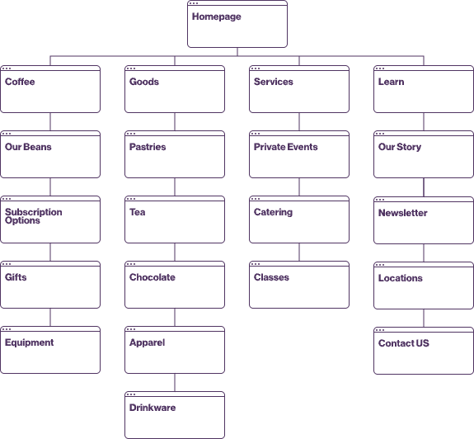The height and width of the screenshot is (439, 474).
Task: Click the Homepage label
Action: coord(217,17)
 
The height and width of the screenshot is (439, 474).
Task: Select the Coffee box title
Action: coord(20,82)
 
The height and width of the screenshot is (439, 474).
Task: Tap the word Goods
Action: coord(144,82)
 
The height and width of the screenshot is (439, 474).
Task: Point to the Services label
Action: coord(274,82)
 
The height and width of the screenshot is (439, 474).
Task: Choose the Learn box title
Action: coord(392,82)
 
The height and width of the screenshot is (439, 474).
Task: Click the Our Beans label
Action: coord(28,147)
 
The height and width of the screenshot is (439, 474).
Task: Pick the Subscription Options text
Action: coord(34,216)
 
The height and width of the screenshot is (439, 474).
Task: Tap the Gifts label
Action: coord(16,277)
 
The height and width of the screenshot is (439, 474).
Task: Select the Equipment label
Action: coord(30,342)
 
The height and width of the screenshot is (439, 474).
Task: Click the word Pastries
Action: coord(148,147)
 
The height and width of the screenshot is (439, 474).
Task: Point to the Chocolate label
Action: coord(152,277)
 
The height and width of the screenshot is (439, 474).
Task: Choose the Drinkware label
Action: coord(153,408)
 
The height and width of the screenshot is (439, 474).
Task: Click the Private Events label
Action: coord(286,147)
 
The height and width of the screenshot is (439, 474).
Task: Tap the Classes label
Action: coord(271,277)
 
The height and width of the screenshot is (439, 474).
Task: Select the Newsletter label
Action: coord(402,213)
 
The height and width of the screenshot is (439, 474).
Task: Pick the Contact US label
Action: coord(404,343)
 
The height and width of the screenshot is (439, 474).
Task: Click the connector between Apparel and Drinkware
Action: coord(175,382)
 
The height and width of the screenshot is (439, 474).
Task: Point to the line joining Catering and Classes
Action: coord(299,252)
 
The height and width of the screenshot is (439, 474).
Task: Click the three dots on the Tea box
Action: coord(131,199)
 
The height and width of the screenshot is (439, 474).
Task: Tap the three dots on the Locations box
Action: coord(380,265)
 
